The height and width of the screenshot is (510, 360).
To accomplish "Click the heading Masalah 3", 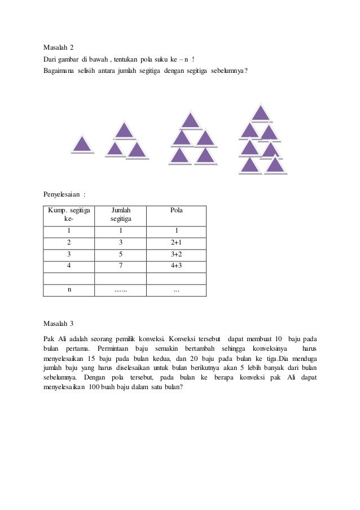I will click(59, 324).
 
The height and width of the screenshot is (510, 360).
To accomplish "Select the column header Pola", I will click(176, 210).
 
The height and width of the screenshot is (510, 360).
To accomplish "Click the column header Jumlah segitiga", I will click(120, 214).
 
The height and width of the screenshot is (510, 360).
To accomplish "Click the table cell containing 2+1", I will click(176, 242).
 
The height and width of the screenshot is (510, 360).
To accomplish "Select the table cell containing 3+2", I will click(176, 254).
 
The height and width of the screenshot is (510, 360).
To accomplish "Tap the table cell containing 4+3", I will click(176, 265).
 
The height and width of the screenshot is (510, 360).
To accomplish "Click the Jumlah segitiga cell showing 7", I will click(120, 265).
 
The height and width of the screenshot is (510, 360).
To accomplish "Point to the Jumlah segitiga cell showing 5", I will click(120, 254).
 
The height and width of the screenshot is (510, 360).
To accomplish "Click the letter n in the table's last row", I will click(69, 290).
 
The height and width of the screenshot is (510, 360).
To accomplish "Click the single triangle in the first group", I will click(82, 145).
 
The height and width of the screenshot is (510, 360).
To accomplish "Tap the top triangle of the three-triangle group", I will click(125, 130).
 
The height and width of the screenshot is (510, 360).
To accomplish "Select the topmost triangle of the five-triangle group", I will click(191, 120).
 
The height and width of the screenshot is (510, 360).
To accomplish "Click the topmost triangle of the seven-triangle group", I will click(261, 113).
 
